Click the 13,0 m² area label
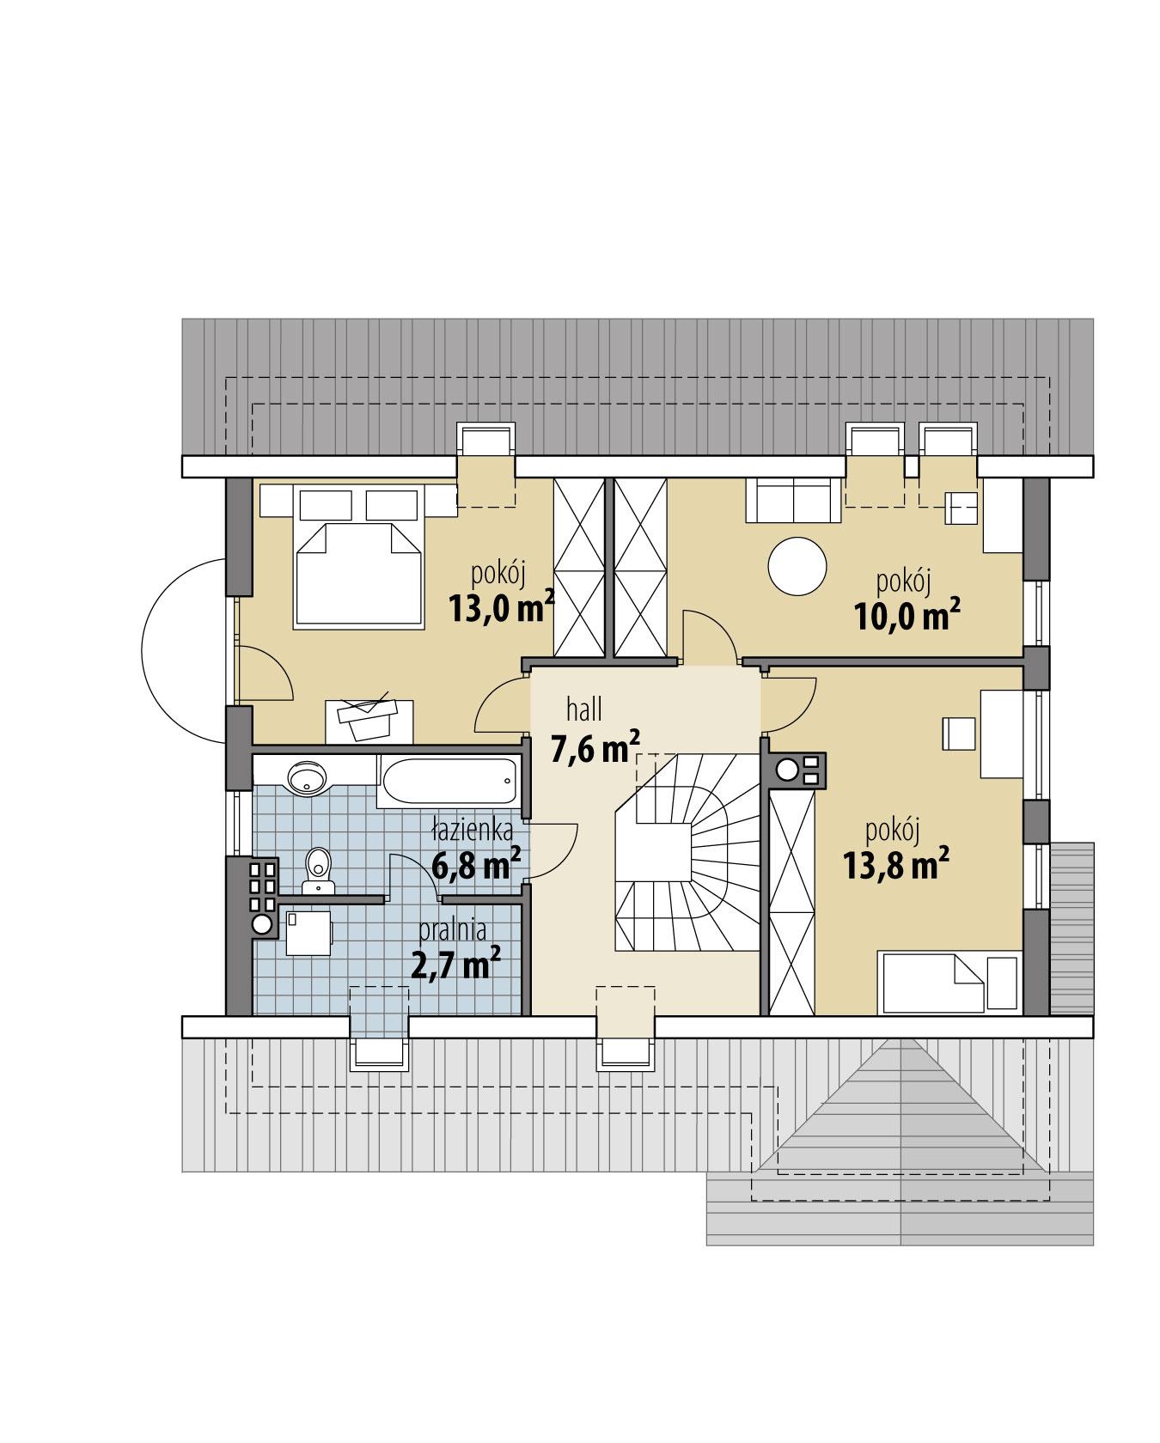[501, 607]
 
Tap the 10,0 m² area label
[907, 616]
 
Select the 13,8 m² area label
[895, 865]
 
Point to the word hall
[584, 709]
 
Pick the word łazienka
[473, 831]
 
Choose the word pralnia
[453, 929]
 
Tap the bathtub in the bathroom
[448, 782]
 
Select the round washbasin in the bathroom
[307, 777]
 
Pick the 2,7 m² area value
[456, 965]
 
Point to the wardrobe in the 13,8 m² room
[791, 902]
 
